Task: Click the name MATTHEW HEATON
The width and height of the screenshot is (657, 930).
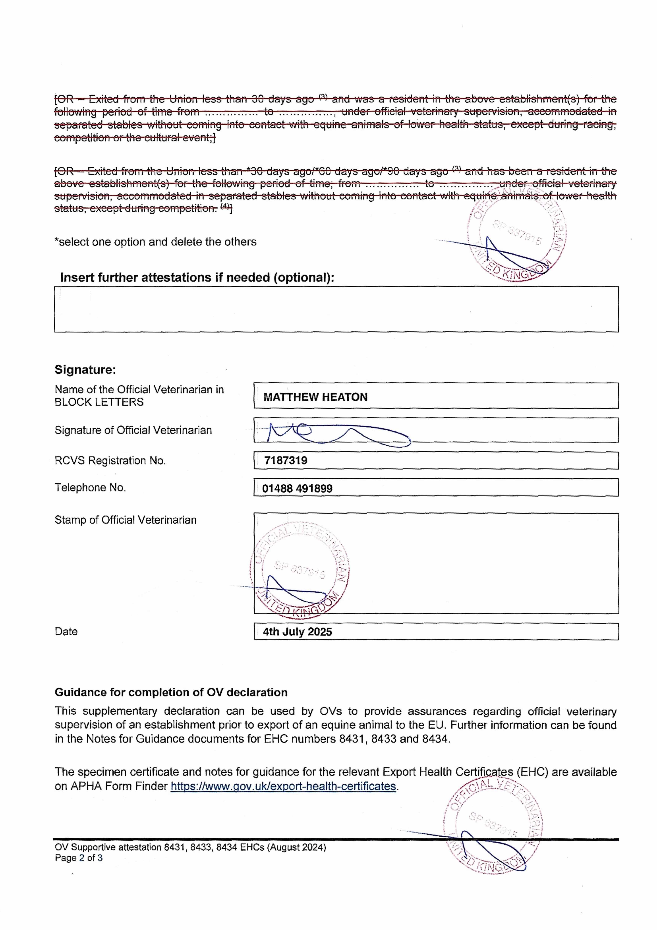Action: click(315, 397)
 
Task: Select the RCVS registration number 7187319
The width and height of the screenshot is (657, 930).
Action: click(286, 461)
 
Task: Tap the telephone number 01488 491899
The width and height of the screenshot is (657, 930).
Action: click(297, 488)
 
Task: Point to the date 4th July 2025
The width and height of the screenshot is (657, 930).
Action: click(297, 632)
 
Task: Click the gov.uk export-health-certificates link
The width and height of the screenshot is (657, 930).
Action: click(283, 786)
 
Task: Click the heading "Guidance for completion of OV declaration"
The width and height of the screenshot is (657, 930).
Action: click(171, 692)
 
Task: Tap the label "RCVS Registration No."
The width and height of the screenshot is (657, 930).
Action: click(110, 461)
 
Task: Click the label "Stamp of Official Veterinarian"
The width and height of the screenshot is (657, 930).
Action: click(126, 520)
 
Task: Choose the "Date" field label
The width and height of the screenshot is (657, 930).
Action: click(66, 631)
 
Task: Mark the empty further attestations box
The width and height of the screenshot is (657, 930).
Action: click(336, 310)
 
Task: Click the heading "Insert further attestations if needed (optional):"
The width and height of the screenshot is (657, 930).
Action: click(197, 278)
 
